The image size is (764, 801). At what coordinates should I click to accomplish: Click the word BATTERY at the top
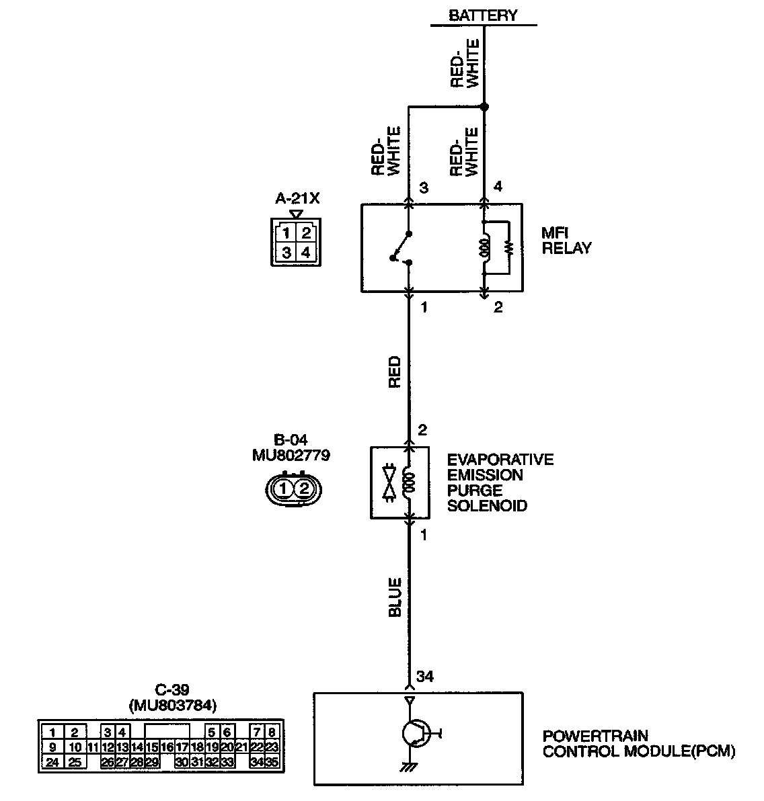(x=483, y=15)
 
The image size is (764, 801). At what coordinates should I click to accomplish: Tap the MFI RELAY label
(x=566, y=241)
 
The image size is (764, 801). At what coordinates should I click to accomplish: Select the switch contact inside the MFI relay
(x=402, y=248)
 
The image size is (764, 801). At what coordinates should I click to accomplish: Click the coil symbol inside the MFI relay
(x=484, y=247)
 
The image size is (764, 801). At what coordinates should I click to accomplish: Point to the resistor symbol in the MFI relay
(x=508, y=247)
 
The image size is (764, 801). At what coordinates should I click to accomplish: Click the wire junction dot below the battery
(x=484, y=107)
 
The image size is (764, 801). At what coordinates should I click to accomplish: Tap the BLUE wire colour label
(x=395, y=597)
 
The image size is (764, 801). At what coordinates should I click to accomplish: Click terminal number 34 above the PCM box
(x=425, y=676)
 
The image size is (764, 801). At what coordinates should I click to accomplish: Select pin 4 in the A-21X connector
(x=305, y=253)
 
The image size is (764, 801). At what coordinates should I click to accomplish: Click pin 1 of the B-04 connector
(x=285, y=488)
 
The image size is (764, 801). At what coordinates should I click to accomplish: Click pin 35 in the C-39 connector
(x=272, y=762)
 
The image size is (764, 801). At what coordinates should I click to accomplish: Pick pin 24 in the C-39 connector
(x=52, y=762)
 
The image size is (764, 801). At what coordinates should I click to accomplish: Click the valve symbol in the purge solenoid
(x=389, y=482)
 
